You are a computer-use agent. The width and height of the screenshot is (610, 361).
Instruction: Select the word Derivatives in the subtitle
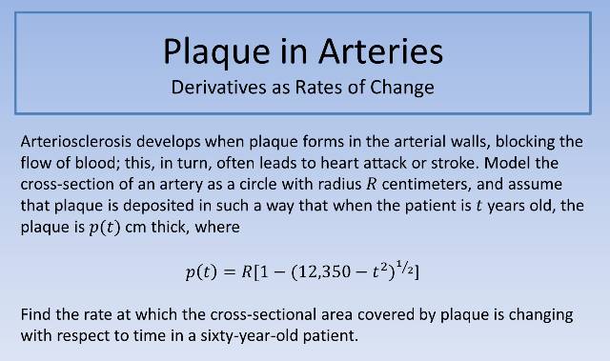pyautogui.click(x=223, y=89)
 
